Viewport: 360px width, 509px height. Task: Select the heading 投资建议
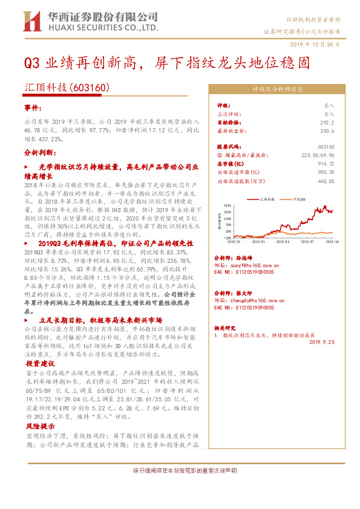[41, 364]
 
